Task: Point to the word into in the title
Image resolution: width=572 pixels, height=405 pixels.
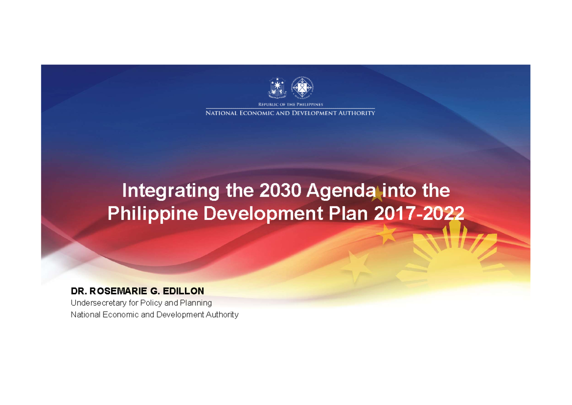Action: (x=398, y=191)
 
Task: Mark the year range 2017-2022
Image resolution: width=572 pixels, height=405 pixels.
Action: (x=419, y=214)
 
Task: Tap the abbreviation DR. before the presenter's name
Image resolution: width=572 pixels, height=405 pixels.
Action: (x=79, y=291)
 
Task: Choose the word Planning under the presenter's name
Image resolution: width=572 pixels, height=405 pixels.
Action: (x=195, y=303)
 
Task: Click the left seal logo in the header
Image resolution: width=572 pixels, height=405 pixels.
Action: (x=276, y=88)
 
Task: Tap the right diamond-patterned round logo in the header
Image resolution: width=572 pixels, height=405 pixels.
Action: (x=302, y=88)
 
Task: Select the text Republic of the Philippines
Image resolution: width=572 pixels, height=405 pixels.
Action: (x=290, y=104)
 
